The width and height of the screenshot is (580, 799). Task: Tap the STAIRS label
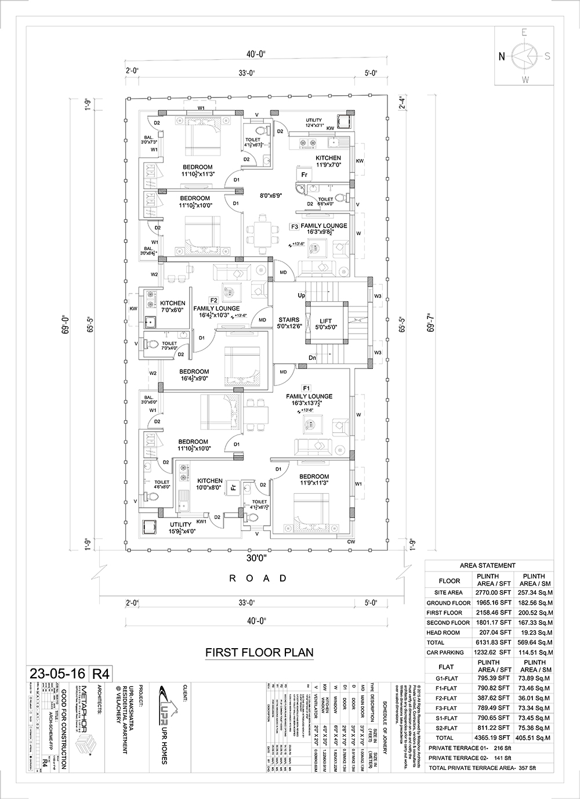click(x=289, y=320)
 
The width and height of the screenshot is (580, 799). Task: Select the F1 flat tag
click(x=307, y=388)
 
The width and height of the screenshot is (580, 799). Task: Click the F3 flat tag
click(x=295, y=226)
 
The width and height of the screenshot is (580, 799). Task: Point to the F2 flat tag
click(x=213, y=300)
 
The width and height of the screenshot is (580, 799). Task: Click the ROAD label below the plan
click(x=258, y=578)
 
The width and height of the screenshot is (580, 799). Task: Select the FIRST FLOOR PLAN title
click(x=259, y=652)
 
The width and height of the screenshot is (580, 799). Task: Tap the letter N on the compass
click(x=502, y=56)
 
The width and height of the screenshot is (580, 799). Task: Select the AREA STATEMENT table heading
click(x=487, y=565)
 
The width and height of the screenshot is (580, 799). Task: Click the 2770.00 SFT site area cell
click(x=493, y=593)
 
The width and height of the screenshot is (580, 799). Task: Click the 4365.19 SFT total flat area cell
click(x=493, y=737)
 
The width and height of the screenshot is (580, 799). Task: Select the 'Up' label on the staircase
click(x=302, y=295)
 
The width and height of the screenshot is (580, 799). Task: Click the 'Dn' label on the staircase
click(x=311, y=357)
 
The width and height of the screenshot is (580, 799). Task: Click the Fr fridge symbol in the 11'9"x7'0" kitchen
click(x=303, y=175)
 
